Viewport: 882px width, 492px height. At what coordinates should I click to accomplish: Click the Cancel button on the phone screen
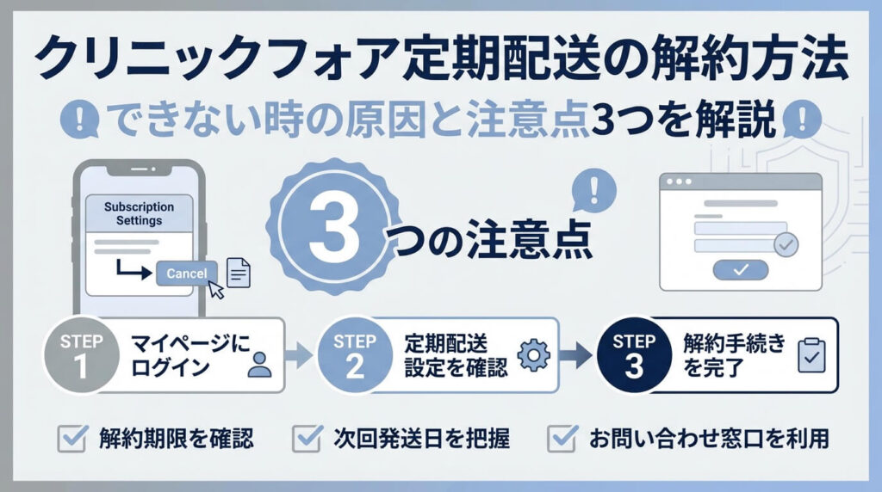(187, 274)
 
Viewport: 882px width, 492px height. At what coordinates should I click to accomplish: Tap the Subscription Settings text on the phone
(139, 214)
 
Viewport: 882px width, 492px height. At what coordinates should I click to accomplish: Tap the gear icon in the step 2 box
(533, 355)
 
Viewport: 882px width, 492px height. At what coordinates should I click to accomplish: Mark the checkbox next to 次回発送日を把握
(307, 440)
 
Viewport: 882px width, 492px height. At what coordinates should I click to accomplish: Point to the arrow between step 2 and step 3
(575, 354)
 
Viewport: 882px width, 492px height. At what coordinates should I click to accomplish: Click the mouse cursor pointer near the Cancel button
(215, 289)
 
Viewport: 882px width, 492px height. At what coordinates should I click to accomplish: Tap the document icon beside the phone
(239, 273)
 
